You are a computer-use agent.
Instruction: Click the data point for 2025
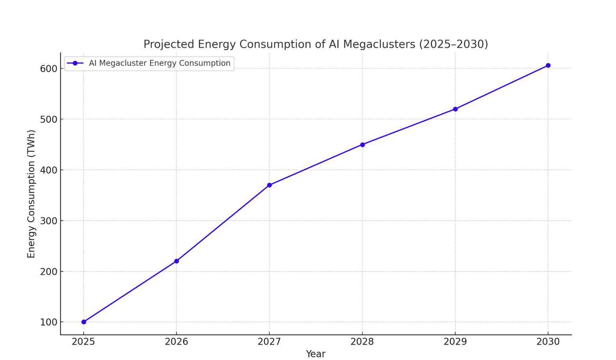(x=84, y=322)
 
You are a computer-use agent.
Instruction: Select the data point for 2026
(x=177, y=261)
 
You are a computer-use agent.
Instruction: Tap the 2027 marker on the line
(x=270, y=185)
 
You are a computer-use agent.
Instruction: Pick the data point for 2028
(x=363, y=145)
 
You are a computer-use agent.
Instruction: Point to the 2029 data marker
(x=455, y=109)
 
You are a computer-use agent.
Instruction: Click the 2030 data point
(x=548, y=65)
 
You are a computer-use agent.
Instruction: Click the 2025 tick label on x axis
(x=84, y=341)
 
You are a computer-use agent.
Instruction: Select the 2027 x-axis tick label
(x=270, y=341)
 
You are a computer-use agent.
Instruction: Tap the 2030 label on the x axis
(x=548, y=341)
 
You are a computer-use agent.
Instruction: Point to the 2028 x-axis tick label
(x=363, y=341)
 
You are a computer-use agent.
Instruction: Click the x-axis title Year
(x=316, y=354)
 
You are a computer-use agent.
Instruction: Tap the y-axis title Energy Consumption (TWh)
(x=32, y=194)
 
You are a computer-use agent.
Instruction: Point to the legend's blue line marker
(x=75, y=63)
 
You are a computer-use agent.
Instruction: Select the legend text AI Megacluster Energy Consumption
(x=160, y=63)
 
